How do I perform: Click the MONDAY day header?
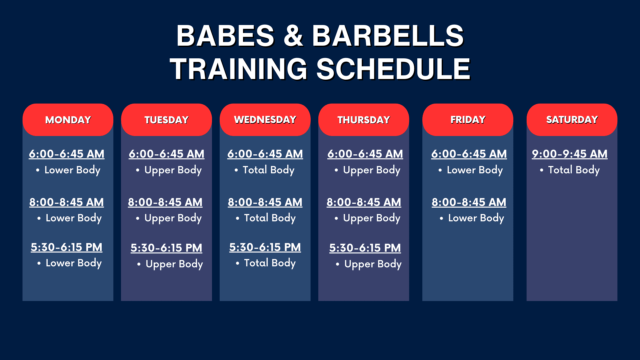[68, 120]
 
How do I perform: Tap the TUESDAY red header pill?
[166, 120]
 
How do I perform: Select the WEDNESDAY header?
[265, 120]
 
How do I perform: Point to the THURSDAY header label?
[364, 120]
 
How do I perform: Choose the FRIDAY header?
[468, 120]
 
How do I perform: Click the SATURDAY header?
[572, 120]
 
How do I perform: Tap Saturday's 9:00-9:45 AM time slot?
[570, 154]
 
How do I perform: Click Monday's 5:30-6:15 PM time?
[67, 247]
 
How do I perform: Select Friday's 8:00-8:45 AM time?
[469, 202]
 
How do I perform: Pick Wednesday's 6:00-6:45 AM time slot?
[265, 154]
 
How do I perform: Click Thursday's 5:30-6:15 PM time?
[365, 248]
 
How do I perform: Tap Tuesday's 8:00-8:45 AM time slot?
[165, 202]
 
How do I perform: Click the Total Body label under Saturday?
[574, 170]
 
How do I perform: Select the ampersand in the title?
[293, 36]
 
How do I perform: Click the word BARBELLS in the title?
[388, 36]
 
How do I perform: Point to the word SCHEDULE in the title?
[393, 69]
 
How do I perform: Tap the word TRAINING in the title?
[238, 69]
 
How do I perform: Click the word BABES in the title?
[225, 36]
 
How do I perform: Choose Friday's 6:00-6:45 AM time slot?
[469, 154]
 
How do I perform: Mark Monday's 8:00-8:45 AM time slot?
[67, 202]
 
